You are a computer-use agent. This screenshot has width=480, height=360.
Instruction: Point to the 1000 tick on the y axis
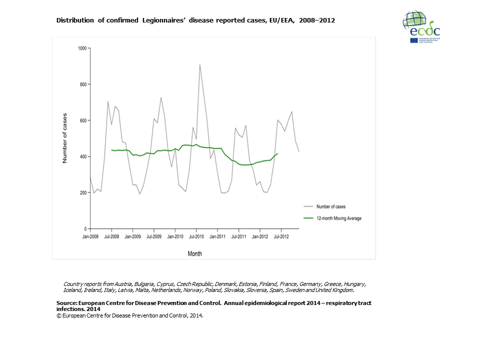pos(82,48)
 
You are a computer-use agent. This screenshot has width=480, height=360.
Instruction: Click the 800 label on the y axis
pos(83,84)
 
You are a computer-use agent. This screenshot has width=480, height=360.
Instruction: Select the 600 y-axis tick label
pos(83,120)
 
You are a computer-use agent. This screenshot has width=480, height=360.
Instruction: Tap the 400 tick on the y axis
pos(83,156)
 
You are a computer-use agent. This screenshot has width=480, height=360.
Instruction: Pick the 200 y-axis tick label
pos(83,192)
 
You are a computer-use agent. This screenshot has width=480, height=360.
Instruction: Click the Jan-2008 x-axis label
pos(90,236)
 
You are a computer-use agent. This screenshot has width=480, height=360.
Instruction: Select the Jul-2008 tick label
pos(111,236)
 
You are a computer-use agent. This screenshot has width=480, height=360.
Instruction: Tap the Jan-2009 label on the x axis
pos(132,236)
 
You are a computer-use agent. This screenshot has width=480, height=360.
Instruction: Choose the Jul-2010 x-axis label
pos(196,236)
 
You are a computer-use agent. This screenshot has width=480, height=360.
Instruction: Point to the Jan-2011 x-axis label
pos(217,236)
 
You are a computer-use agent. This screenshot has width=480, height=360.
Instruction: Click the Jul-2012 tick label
pos(281,236)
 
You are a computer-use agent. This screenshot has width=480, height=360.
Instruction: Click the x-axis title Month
pos(195,253)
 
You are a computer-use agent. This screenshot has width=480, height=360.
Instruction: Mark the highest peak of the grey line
pos(200,64)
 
